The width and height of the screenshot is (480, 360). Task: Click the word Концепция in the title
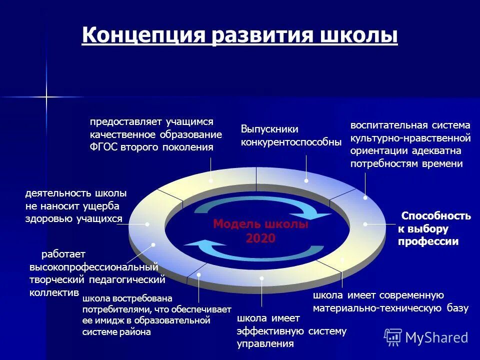point(144,36)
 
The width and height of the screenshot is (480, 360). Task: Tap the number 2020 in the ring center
point(260,238)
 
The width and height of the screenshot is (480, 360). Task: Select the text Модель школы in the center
point(260,224)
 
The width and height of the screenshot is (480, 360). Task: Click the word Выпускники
point(269,129)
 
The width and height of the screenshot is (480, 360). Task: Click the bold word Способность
point(436,216)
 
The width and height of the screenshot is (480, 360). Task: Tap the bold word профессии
point(428,242)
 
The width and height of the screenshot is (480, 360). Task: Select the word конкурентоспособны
point(291,142)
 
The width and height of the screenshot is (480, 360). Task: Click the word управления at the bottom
point(265,344)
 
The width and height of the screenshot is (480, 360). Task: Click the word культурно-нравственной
point(410,137)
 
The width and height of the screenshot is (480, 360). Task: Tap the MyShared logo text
point(436,337)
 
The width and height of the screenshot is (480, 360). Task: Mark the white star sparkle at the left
point(46,96)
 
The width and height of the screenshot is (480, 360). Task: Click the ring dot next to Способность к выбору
point(365,224)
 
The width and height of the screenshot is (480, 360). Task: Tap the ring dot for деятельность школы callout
point(147,224)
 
